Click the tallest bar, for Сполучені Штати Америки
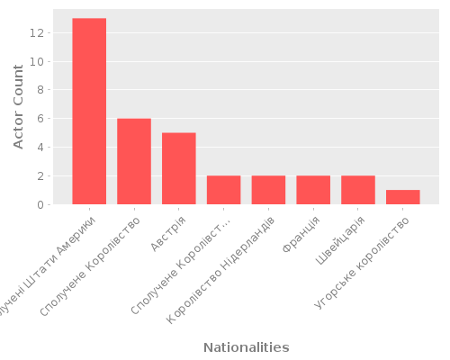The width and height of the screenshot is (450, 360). coord(89,112)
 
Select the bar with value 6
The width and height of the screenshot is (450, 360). coord(134,162)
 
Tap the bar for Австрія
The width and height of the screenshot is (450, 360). coord(179,169)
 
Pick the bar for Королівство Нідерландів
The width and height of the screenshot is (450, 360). coord(268,191)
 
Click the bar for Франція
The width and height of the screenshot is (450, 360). coord(313,191)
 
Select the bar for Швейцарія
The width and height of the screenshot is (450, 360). coord(358,191)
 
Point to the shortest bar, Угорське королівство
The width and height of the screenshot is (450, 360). coord(403,198)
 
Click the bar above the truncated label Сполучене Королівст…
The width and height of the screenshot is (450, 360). coord(224,191)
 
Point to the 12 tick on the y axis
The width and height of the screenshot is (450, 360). coord(37,33)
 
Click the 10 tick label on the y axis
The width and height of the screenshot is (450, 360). coord(37,62)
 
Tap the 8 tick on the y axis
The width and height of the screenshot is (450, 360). coord(40,90)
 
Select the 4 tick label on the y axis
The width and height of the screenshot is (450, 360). coord(40,148)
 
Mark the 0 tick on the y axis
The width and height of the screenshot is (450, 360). coord(40,205)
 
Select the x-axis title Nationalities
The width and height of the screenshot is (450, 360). coord(246,347)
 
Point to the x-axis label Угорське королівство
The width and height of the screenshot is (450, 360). coord(370,260)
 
